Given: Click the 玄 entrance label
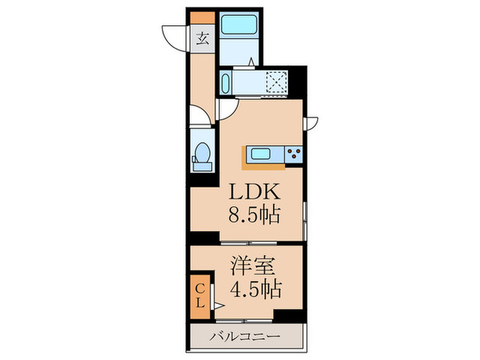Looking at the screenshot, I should point(202,38).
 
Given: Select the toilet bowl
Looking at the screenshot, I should point(204,152).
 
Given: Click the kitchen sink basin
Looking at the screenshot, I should point(260,153).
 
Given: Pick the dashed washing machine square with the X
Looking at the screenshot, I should point(277,82).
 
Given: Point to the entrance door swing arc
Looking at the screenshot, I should point(174,36).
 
